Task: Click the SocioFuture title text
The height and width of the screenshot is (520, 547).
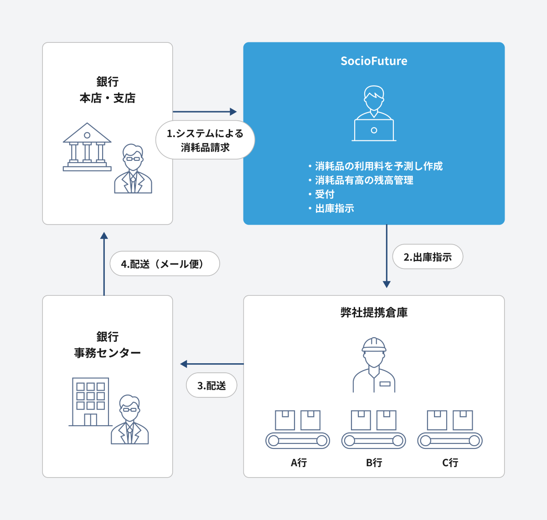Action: coord(374,61)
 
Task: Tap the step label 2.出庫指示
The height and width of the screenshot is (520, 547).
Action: coord(428,257)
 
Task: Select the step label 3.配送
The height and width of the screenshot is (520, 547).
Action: coord(212,386)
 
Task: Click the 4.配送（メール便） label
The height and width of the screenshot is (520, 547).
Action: coord(165,264)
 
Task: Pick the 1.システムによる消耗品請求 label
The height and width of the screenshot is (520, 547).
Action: coord(205,140)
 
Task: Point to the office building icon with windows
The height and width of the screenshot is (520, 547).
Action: coord(90,402)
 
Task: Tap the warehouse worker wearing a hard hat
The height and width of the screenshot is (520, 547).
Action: coord(374,365)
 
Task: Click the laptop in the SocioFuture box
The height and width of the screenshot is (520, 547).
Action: coord(374,130)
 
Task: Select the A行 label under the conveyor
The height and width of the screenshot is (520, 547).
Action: coord(299,463)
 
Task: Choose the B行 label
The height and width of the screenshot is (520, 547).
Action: coord(374,463)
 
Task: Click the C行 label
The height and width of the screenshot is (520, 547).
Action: coord(450,463)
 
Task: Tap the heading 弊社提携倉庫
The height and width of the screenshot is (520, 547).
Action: coord(374,313)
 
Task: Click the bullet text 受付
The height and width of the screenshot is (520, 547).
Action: coord(325,194)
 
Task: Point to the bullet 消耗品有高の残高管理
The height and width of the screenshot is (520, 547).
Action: coord(364,180)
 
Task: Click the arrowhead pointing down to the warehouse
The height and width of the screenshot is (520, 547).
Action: coord(387,284)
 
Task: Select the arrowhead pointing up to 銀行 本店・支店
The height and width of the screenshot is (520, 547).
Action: coord(104,236)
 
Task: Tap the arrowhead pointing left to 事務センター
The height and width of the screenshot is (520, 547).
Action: coord(184,364)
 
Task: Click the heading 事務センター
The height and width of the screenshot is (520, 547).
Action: coord(108,353)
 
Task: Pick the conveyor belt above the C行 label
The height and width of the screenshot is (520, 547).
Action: coord(450,441)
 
